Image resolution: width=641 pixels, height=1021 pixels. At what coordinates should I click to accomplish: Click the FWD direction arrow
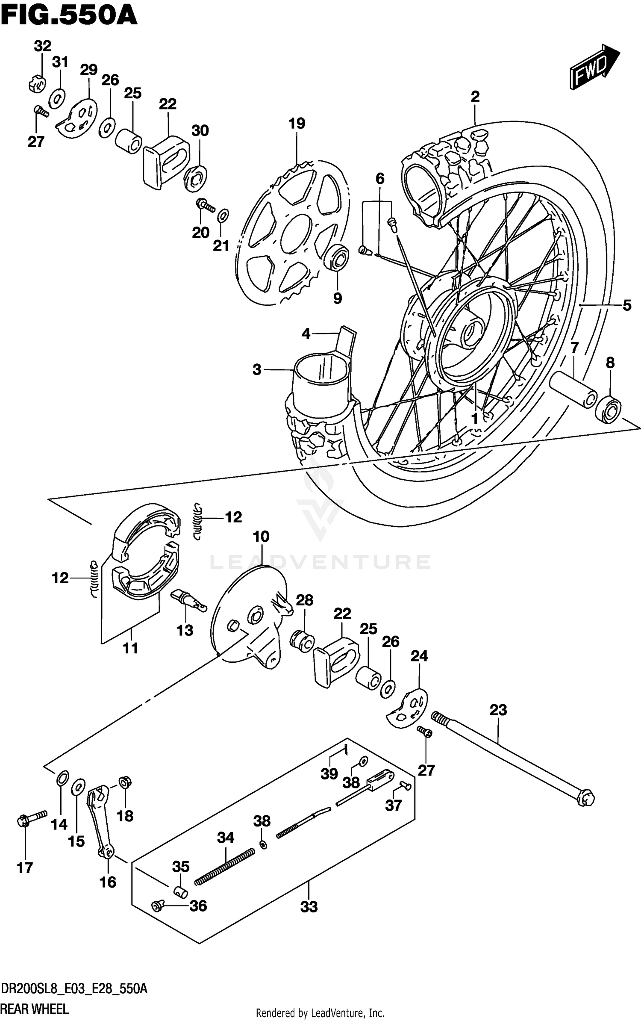click(x=594, y=67)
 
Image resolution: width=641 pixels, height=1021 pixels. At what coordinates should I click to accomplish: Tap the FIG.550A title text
click(x=68, y=16)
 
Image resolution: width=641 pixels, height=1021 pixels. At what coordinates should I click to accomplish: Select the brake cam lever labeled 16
click(x=101, y=821)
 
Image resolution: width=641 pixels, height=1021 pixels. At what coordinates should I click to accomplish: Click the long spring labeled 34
click(x=225, y=867)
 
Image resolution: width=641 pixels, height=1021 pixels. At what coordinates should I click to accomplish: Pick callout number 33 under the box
click(x=309, y=906)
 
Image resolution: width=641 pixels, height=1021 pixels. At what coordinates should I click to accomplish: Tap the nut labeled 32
click(x=37, y=84)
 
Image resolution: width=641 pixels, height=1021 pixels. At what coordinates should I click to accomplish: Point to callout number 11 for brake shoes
click(x=130, y=648)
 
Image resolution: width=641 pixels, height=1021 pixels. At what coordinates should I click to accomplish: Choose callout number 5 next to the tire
click(x=626, y=305)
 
